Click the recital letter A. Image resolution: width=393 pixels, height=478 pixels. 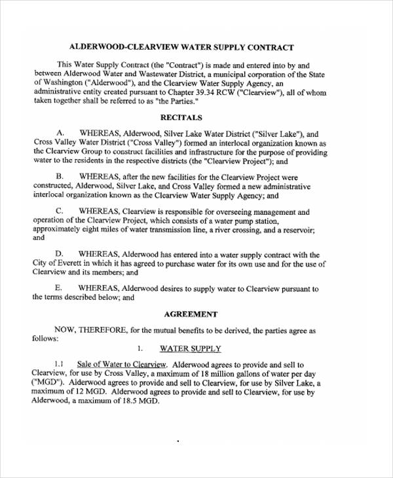point(60,133)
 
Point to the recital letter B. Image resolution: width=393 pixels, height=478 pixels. point(60,177)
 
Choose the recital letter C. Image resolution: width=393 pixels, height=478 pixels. point(60,211)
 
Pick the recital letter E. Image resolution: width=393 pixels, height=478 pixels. point(60,288)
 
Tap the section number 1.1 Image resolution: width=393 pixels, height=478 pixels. point(59,364)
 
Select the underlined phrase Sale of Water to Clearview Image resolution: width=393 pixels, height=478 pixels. point(122,364)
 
